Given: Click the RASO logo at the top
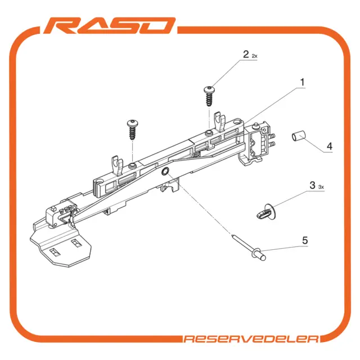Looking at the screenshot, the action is pyautogui.click(x=109, y=26).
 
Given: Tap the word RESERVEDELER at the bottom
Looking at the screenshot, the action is pyautogui.click(x=251, y=339).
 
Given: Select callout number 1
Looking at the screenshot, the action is pyautogui.click(x=303, y=82).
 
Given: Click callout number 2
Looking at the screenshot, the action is pyautogui.click(x=246, y=55).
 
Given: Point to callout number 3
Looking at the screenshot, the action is pyautogui.click(x=312, y=185).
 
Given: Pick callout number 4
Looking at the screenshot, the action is pyautogui.click(x=330, y=146).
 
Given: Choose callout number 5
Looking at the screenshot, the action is pyautogui.click(x=305, y=240).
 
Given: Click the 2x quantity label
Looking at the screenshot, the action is pyautogui.click(x=255, y=56).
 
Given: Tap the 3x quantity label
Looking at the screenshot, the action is pyautogui.click(x=321, y=187).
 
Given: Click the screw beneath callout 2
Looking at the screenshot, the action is pyautogui.click(x=209, y=96).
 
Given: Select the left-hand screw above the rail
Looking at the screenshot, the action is pyautogui.click(x=132, y=129).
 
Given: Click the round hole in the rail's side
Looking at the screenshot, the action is pyautogui.click(x=165, y=171).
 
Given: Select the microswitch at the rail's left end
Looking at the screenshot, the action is pyautogui.click(x=61, y=213).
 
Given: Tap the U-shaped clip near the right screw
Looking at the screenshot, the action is pyautogui.click(x=220, y=121).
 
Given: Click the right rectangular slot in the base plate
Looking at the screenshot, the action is pyautogui.click(x=76, y=243).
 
